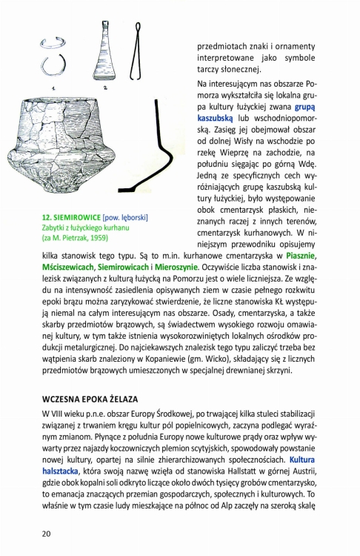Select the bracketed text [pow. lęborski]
[127, 217]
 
